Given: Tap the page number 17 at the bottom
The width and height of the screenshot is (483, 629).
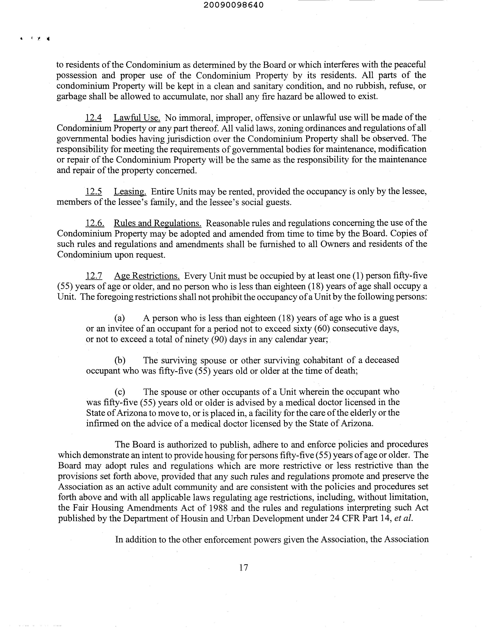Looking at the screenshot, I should [243, 567].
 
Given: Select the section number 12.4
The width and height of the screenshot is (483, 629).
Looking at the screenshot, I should [93, 118].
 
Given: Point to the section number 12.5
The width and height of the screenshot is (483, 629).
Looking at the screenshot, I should [93, 192].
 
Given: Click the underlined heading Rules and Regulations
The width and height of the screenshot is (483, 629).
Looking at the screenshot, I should [158, 223].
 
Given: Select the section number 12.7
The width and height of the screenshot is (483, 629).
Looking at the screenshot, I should [94, 276].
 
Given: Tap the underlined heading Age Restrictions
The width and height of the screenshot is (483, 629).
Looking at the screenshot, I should [147, 276].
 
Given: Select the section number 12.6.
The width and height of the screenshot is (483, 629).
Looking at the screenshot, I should [95, 223].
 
